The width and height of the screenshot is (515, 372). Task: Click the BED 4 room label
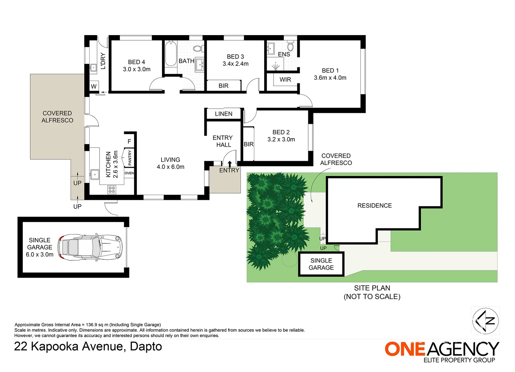pyautogui.click(x=136, y=62)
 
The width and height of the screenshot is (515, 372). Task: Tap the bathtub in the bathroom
pyautogui.click(x=171, y=54)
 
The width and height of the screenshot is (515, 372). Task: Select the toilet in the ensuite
pyautogui.click(x=291, y=46)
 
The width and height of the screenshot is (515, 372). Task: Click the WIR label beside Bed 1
pyautogui.click(x=285, y=80)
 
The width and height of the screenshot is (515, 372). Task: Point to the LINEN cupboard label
pyautogui.click(x=224, y=114)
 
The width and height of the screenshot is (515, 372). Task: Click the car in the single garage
pyautogui.click(x=90, y=247)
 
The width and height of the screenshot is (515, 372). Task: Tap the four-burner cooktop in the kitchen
pyautogui.click(x=112, y=190)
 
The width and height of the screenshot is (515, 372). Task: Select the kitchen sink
pyautogui.click(x=94, y=175)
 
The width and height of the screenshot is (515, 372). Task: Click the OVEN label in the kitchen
pyautogui.click(x=129, y=173)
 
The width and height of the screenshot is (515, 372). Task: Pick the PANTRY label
pyautogui.click(x=130, y=158)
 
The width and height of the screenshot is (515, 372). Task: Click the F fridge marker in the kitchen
pyautogui.click(x=129, y=142)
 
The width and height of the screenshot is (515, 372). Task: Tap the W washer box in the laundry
pyautogui.click(x=94, y=86)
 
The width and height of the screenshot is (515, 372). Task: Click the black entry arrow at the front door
pyautogui.click(x=229, y=164)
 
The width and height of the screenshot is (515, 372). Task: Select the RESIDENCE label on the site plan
pyautogui.click(x=374, y=206)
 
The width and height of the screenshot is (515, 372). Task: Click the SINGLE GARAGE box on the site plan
pyautogui.click(x=321, y=264)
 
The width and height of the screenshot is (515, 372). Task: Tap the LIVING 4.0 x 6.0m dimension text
pyautogui.click(x=171, y=167)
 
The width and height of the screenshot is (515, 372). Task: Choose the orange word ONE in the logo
pyautogui.click(x=405, y=349)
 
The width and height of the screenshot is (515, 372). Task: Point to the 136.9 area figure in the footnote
pyautogui.click(x=92, y=325)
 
